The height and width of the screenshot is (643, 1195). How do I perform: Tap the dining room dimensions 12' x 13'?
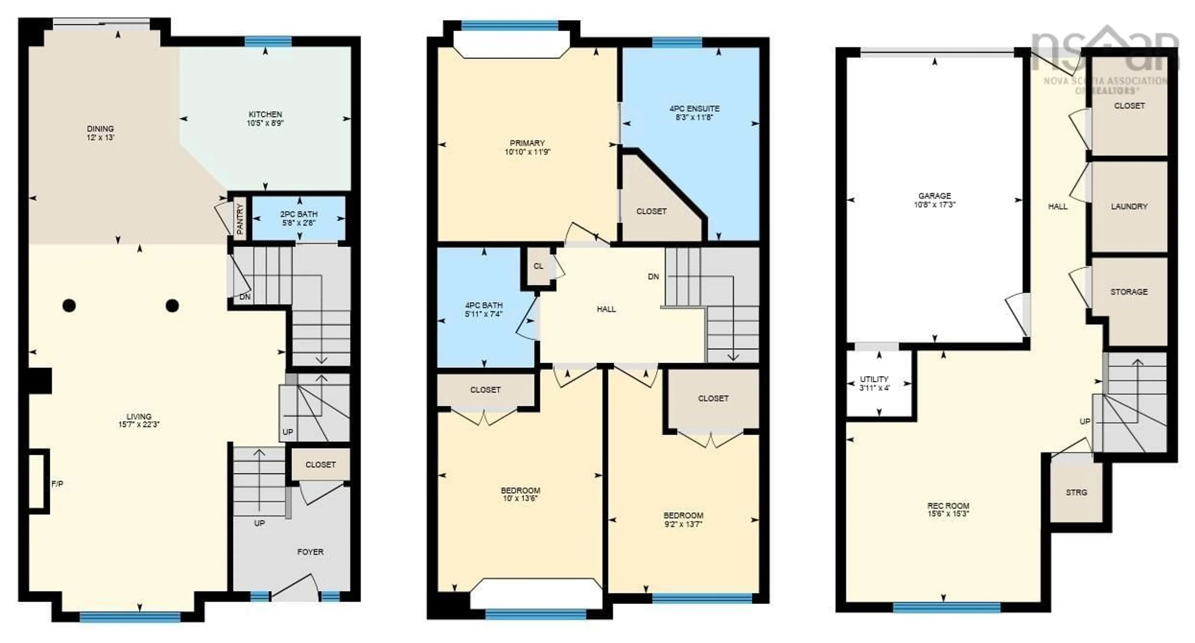[100, 137]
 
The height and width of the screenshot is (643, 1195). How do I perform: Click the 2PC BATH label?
[299, 214]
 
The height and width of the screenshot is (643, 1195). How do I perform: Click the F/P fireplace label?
[57, 484]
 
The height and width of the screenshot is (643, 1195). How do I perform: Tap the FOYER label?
[310, 551]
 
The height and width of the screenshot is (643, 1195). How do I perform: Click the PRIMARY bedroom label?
[527, 143]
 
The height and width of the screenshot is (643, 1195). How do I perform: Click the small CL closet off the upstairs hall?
[538, 266]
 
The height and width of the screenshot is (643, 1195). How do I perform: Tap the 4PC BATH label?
[484, 305]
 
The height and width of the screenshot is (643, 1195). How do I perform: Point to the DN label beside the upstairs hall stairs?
[653, 277]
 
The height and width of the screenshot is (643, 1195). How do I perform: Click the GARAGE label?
[934, 196]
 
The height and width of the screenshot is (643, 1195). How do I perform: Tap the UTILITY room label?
[874, 379]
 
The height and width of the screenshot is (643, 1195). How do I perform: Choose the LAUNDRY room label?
[1129, 206]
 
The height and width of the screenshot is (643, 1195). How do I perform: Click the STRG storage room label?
[1076, 492]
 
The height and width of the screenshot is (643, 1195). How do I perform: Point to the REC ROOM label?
[948, 506]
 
